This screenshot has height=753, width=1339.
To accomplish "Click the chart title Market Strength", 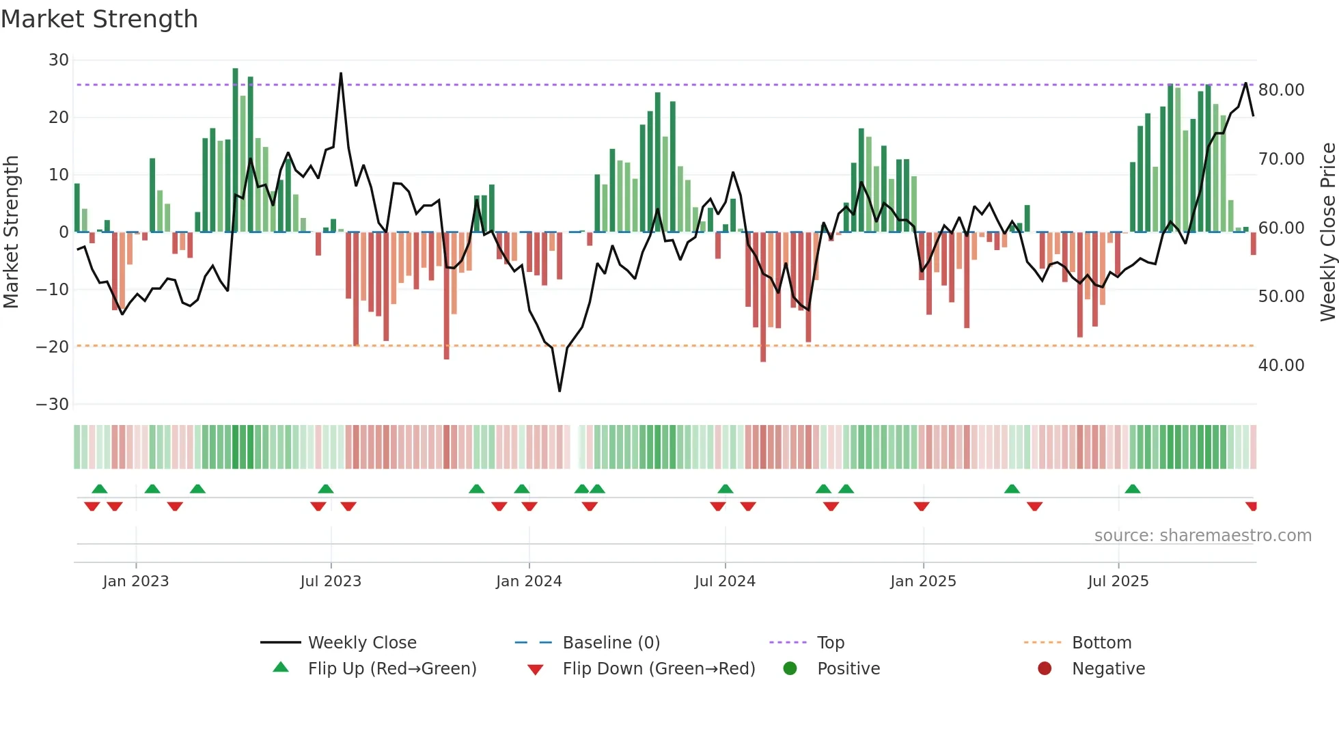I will coord(99,19).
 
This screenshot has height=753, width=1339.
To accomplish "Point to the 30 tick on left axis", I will coord(59,60).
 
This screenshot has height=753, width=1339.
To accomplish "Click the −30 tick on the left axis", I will coord(53,405).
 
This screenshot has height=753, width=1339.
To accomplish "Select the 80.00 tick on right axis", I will coord(1281,90).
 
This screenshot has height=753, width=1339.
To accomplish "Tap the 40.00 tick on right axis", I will coord(1281,366).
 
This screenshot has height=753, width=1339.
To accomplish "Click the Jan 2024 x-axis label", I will coord(529,581).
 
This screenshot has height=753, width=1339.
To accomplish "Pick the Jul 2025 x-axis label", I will coord(1118,581).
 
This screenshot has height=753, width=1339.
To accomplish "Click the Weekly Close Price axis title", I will coord(1327,232).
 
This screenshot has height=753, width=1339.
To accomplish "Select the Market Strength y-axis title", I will coord(12,232).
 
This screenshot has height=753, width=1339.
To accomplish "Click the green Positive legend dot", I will coord(790,669).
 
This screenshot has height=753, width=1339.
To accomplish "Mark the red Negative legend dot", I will coord(1045,669).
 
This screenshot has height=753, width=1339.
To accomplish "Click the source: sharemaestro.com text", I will coord(1202,536).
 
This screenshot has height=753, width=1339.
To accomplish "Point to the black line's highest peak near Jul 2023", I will coord(341,73).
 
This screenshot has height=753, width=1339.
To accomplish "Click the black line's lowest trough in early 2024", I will coord(560,391).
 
